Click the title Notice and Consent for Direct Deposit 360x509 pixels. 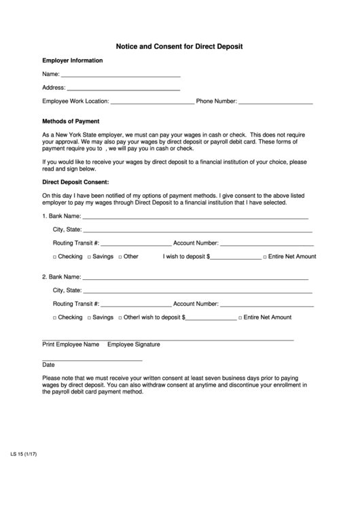pyautogui.click(x=179, y=46)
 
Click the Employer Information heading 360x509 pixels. pyautogui.click(x=73, y=60)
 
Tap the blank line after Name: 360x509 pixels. pyautogui.click(x=121, y=75)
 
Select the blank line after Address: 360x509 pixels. pyautogui.click(x=124, y=89)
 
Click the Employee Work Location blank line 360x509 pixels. pyautogui.click(x=152, y=103)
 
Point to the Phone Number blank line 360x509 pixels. pyautogui.click(x=276, y=103)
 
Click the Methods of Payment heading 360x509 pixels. pyautogui.click(x=71, y=121)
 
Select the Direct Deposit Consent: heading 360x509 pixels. pyautogui.click(x=75, y=183)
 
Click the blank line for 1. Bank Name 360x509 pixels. pyautogui.click(x=196, y=217)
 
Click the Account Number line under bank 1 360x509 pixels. pyautogui.click(x=266, y=244)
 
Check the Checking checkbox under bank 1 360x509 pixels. pyautogui.click(x=55, y=257)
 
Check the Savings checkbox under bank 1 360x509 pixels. pyautogui.click(x=89, y=257)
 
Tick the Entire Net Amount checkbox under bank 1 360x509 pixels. pyautogui.click(x=264, y=257)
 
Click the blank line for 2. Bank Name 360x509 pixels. pyautogui.click(x=196, y=279)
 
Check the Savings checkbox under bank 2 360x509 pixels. pyautogui.click(x=89, y=318)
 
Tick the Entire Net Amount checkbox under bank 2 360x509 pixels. pyautogui.click(x=239, y=318)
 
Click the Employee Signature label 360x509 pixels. pyautogui.click(x=134, y=345)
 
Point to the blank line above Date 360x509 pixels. pyautogui.click(x=92, y=359)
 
